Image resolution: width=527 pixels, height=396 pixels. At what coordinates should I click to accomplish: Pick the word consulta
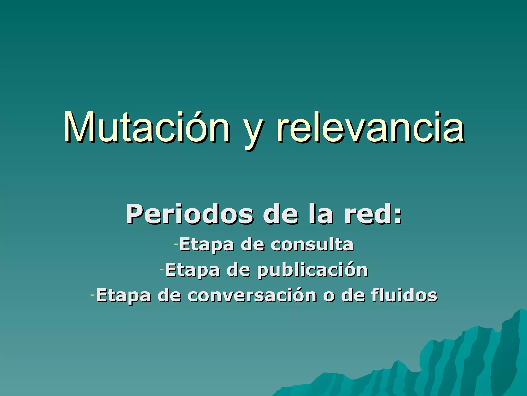(x=312, y=244)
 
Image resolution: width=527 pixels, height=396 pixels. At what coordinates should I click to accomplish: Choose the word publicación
(x=313, y=270)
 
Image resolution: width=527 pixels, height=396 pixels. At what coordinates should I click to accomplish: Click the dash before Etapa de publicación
(x=162, y=269)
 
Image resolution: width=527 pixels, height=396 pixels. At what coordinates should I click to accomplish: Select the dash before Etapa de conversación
(x=93, y=295)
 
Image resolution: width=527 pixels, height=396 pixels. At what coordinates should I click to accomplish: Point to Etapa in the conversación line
(x=123, y=295)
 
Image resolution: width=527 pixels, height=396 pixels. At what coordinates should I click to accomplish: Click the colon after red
(x=398, y=217)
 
